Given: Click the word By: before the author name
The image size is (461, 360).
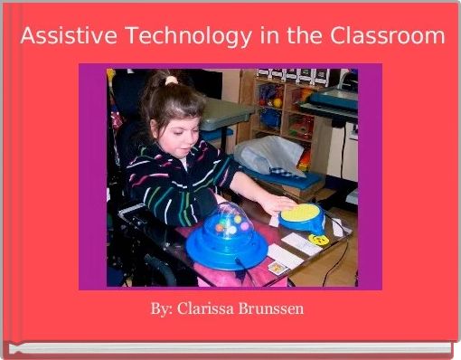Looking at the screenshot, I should tap(163, 309).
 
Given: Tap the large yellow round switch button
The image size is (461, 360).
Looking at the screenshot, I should tap(302, 215).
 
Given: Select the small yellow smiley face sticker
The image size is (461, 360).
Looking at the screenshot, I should tap(318, 240).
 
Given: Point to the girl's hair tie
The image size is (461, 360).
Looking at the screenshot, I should tap(171, 81).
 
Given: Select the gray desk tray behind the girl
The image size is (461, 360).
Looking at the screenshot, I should tap(226, 112).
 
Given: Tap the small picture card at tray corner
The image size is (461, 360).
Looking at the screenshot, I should tap(277, 267).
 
